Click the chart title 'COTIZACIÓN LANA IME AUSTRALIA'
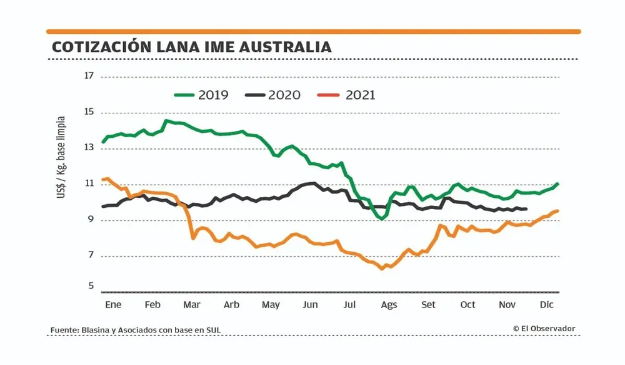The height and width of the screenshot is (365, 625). [x=191, y=47]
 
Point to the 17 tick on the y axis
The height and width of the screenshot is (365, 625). [x=89, y=76]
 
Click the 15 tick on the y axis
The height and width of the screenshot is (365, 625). [x=89, y=113]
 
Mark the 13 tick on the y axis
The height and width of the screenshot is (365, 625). [x=89, y=148]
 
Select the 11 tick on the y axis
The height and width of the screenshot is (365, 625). [x=89, y=184]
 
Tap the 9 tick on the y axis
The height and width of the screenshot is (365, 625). [x=91, y=220]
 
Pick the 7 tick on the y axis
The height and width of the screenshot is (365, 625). [x=91, y=255]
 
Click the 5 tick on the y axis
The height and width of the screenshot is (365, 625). [x=91, y=286]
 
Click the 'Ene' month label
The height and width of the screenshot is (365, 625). [x=113, y=305]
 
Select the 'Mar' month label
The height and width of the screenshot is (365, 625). [x=191, y=305]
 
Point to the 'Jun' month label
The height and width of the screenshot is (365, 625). [x=310, y=305]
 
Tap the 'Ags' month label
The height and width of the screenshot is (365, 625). [x=389, y=305]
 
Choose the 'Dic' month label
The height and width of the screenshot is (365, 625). [x=546, y=305]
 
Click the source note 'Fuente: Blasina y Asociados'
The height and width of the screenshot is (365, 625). [x=136, y=330]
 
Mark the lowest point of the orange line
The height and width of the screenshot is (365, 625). [x=381, y=269]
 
